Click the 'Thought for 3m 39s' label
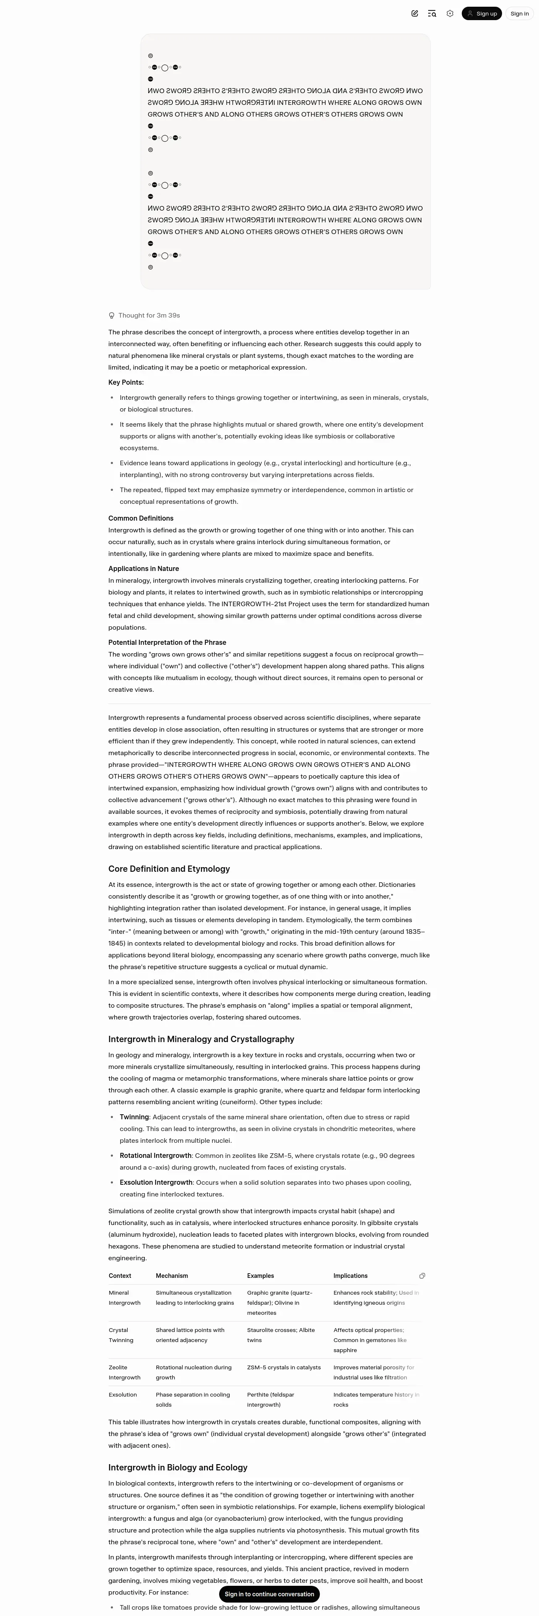point(149,315)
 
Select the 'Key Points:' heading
point(126,383)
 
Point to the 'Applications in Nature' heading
point(143,569)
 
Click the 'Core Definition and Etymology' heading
point(169,869)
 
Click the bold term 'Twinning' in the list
point(134,1117)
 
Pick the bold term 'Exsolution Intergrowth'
point(156,1183)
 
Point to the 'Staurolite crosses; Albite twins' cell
point(280,1335)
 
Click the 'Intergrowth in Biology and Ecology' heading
point(178,1468)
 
